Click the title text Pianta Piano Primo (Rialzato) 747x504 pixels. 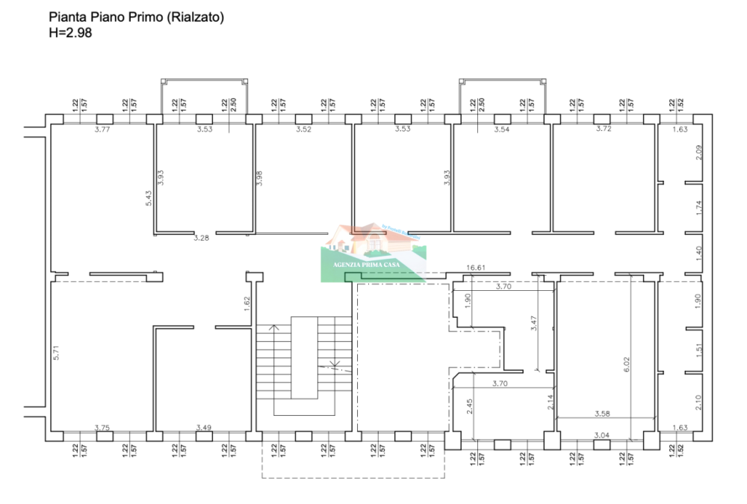pyautogui.click(x=136, y=16)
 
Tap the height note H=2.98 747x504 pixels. pyautogui.click(x=70, y=32)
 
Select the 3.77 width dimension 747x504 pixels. pyautogui.click(x=102, y=130)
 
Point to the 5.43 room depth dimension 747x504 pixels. pyautogui.click(x=149, y=197)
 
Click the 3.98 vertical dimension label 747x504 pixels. pyautogui.click(x=259, y=178)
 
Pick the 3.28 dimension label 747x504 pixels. pyautogui.click(x=201, y=238)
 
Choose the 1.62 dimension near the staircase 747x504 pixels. pyautogui.click(x=247, y=304)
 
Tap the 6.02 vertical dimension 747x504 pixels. pyautogui.click(x=627, y=363)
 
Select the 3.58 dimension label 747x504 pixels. pyautogui.click(x=604, y=414)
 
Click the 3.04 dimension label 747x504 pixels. pyautogui.click(x=601, y=434)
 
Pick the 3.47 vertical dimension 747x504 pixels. pyautogui.click(x=533, y=324)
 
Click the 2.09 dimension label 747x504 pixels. pyautogui.click(x=698, y=153)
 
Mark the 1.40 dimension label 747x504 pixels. pyautogui.click(x=698, y=252)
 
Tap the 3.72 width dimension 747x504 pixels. pyautogui.click(x=604, y=130)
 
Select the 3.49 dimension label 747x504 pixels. pyautogui.click(x=204, y=428)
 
